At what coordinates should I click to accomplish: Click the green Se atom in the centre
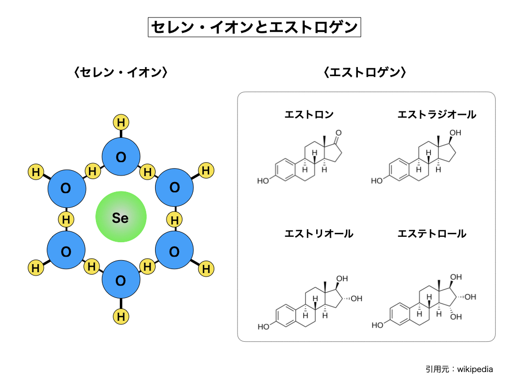(x=121, y=218)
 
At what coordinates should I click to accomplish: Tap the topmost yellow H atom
(x=121, y=122)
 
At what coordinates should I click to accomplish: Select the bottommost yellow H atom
(x=121, y=316)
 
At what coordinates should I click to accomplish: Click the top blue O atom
(x=121, y=157)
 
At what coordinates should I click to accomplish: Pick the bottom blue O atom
(x=121, y=281)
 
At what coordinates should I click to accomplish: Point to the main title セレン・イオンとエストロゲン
(x=254, y=27)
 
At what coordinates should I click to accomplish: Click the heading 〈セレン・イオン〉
(x=120, y=73)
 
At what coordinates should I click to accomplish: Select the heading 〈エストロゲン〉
(x=365, y=73)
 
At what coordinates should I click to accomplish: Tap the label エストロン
(x=309, y=115)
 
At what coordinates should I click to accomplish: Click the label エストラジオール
(x=436, y=115)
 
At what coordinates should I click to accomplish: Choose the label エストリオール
(x=319, y=233)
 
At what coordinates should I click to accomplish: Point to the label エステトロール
(x=432, y=233)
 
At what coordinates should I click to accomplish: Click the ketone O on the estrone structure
(x=339, y=133)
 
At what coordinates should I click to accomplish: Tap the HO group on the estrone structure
(x=263, y=181)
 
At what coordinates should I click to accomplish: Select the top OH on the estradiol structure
(x=455, y=133)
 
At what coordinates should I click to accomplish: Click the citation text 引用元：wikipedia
(x=459, y=369)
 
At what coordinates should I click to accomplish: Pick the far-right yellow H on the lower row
(x=206, y=269)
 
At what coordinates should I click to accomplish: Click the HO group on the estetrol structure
(x=378, y=325)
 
